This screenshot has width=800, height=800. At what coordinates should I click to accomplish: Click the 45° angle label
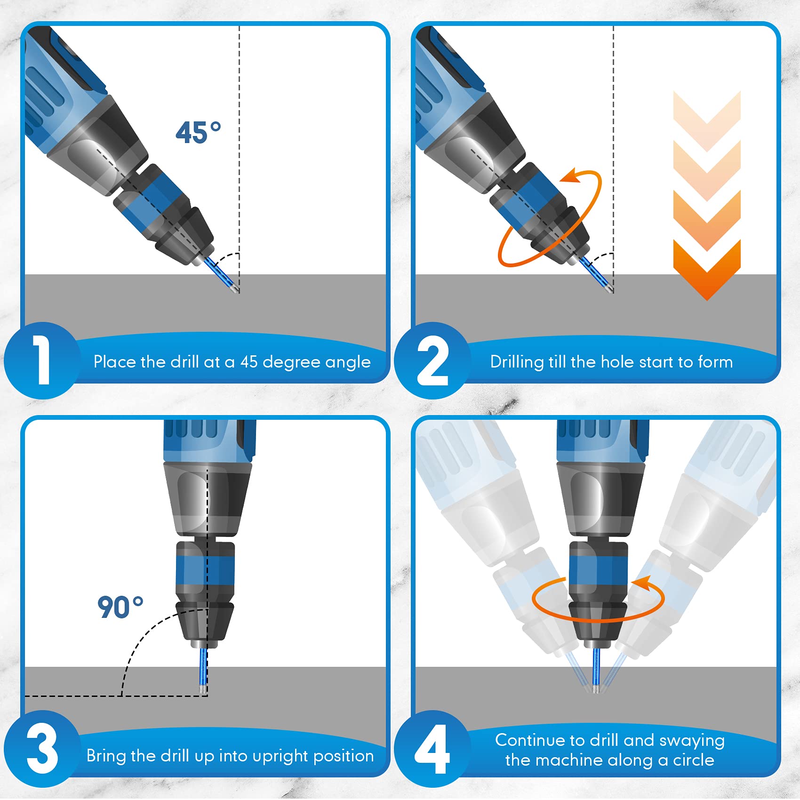[x=198, y=133]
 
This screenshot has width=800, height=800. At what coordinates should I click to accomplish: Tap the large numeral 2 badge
[x=432, y=361]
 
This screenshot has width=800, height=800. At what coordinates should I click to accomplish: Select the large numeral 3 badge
[x=42, y=748]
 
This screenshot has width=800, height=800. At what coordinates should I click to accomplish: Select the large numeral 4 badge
[x=432, y=749]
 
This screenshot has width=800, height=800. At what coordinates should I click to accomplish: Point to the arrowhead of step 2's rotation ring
[x=570, y=176]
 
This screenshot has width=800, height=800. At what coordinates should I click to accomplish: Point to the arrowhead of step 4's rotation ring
[x=642, y=583]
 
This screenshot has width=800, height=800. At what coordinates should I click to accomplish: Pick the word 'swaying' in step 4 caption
[x=692, y=741]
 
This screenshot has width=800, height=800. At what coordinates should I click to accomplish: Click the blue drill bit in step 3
[x=203, y=668]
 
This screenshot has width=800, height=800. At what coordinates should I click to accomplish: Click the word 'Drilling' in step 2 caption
[x=517, y=362]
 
